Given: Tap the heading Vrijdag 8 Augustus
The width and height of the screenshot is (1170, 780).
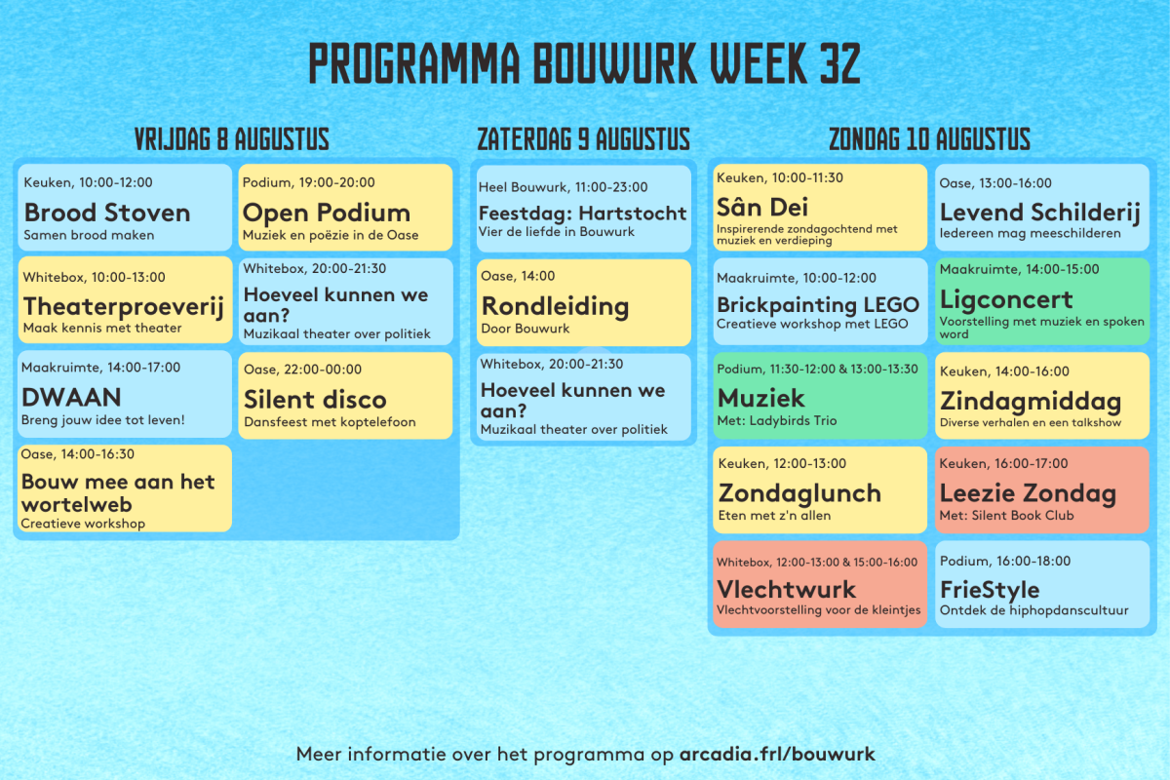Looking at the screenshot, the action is click(232, 139).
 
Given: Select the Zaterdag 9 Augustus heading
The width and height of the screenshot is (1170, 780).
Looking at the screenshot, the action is click(583, 139).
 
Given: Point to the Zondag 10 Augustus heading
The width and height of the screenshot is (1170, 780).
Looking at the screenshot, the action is click(930, 139).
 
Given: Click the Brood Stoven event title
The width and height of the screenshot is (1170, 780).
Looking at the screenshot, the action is click(107, 213).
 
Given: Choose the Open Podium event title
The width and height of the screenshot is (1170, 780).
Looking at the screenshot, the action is click(327, 214).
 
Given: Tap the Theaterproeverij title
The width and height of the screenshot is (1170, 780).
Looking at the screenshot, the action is click(124, 307).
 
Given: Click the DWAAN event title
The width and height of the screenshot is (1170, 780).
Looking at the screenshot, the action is click(71, 398).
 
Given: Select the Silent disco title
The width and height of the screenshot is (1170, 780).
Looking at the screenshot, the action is click(315, 400).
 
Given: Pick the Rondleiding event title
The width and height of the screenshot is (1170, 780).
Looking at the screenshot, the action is click(555, 306).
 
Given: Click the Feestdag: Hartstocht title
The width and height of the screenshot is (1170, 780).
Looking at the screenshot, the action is click(582, 214).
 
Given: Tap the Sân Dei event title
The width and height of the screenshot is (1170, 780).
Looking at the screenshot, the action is click(762, 208).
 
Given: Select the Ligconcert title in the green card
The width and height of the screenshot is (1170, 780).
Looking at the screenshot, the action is click(1006, 300).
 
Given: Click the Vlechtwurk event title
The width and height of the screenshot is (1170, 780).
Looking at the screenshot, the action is click(786, 589).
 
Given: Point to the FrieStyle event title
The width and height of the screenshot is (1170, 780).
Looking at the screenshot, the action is click(990, 590).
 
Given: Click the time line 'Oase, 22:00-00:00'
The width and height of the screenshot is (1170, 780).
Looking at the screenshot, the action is click(302, 370).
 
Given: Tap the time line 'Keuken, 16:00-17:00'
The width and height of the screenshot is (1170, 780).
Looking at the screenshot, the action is click(1003, 463).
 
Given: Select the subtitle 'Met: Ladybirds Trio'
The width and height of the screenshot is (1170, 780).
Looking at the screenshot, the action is click(777, 420).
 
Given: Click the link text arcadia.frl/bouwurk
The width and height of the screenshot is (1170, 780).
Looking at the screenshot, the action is click(777, 754).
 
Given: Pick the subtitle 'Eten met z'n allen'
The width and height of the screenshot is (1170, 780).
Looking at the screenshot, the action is click(774, 516).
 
